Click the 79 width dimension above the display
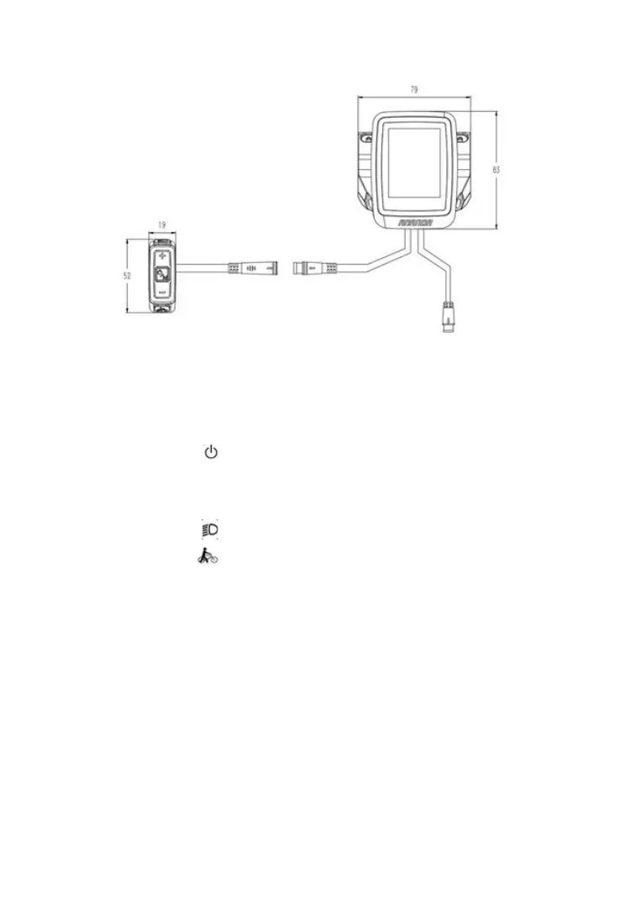(414, 88)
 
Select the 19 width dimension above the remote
(162, 225)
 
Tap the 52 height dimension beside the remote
(128, 275)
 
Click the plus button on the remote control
(162, 254)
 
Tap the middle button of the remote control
(162, 273)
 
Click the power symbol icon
(211, 453)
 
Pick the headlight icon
(209, 530)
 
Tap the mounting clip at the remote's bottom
(162, 308)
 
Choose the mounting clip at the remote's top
(162, 240)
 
